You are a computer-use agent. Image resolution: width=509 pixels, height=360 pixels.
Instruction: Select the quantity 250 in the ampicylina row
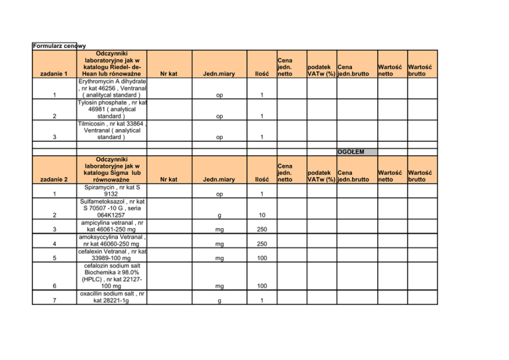[x=262, y=230]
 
